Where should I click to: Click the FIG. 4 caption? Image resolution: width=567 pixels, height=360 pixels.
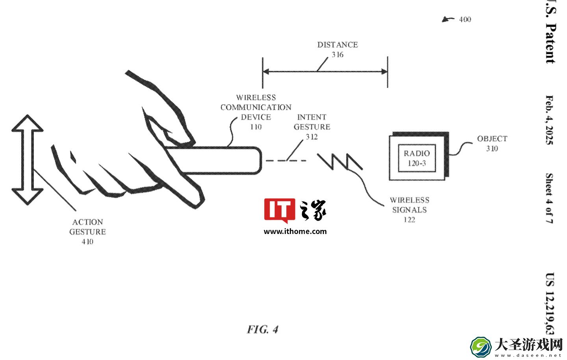click(263, 329)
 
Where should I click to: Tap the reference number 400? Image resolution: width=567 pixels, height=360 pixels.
click(465, 19)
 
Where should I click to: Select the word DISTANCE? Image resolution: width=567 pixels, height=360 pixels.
click(337, 45)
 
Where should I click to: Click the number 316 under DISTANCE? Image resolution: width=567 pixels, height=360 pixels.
click(337, 55)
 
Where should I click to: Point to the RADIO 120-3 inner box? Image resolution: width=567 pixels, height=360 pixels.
click(417, 158)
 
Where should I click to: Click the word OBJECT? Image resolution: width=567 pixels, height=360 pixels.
click(492, 139)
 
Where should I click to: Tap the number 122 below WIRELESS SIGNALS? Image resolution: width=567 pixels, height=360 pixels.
click(409, 220)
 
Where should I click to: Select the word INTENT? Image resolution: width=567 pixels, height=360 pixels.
click(311, 117)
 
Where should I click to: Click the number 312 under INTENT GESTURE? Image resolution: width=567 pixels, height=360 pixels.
click(311, 137)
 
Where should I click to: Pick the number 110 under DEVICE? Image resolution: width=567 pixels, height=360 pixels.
click(256, 127)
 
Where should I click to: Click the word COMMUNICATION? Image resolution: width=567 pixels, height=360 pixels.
click(256, 108)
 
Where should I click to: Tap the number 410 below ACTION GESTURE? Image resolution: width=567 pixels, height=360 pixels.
click(87, 242)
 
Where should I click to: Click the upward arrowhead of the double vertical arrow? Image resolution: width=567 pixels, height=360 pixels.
click(27, 123)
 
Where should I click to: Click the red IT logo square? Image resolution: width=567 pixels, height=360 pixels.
click(280, 210)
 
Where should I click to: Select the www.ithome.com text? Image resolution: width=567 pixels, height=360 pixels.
click(295, 231)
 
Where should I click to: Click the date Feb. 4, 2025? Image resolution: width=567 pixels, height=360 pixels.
click(550, 120)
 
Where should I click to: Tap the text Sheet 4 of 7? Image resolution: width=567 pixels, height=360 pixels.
click(550, 199)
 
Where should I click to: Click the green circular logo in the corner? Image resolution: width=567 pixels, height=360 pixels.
click(481, 347)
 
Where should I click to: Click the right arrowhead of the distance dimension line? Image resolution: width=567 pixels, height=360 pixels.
click(384, 72)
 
